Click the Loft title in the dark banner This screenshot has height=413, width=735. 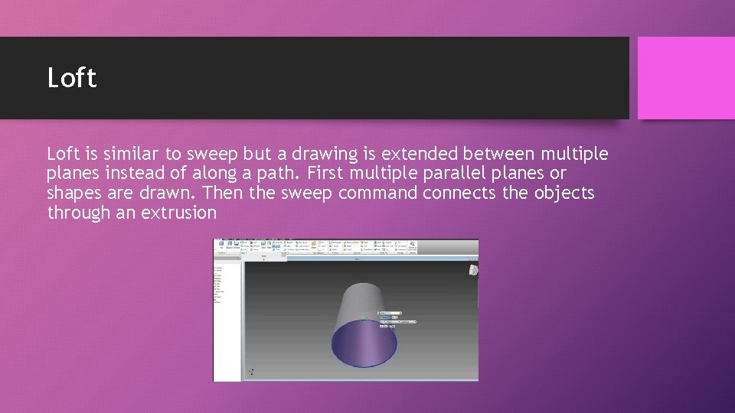tap(72, 78)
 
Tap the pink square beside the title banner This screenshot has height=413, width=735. tap(686, 78)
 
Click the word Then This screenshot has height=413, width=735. tap(222, 193)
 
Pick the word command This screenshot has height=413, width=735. tap(379, 193)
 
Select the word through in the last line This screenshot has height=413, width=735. tap(79, 213)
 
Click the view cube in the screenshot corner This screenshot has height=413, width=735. tap(474, 269)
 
